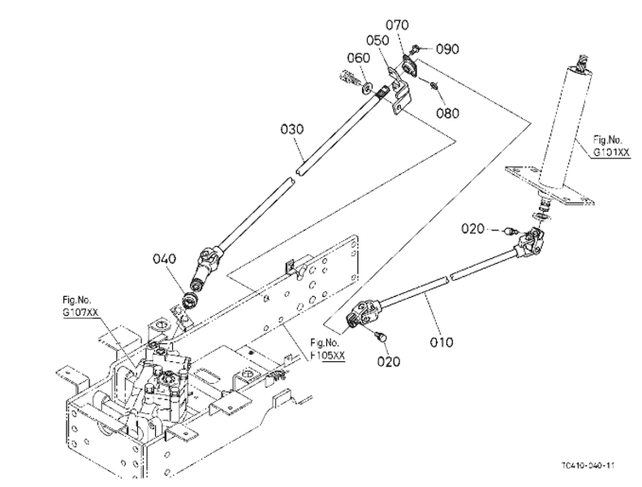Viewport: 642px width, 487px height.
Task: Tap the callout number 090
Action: [x=447, y=49]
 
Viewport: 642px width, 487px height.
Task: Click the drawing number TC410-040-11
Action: [x=587, y=465]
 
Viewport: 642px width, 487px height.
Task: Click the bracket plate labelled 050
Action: [x=399, y=89]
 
